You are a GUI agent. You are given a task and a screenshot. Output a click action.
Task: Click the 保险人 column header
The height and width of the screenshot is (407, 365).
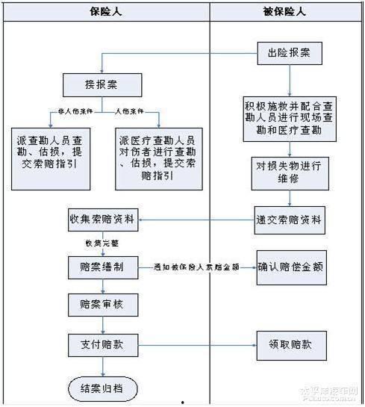pos(105,12)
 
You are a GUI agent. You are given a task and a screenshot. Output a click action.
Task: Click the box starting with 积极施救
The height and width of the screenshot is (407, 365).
pos(287,117)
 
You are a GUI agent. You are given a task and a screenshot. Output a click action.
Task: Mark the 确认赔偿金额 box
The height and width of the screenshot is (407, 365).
pos(287,267)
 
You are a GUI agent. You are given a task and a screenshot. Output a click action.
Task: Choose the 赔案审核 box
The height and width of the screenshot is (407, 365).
pos(101,305)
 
